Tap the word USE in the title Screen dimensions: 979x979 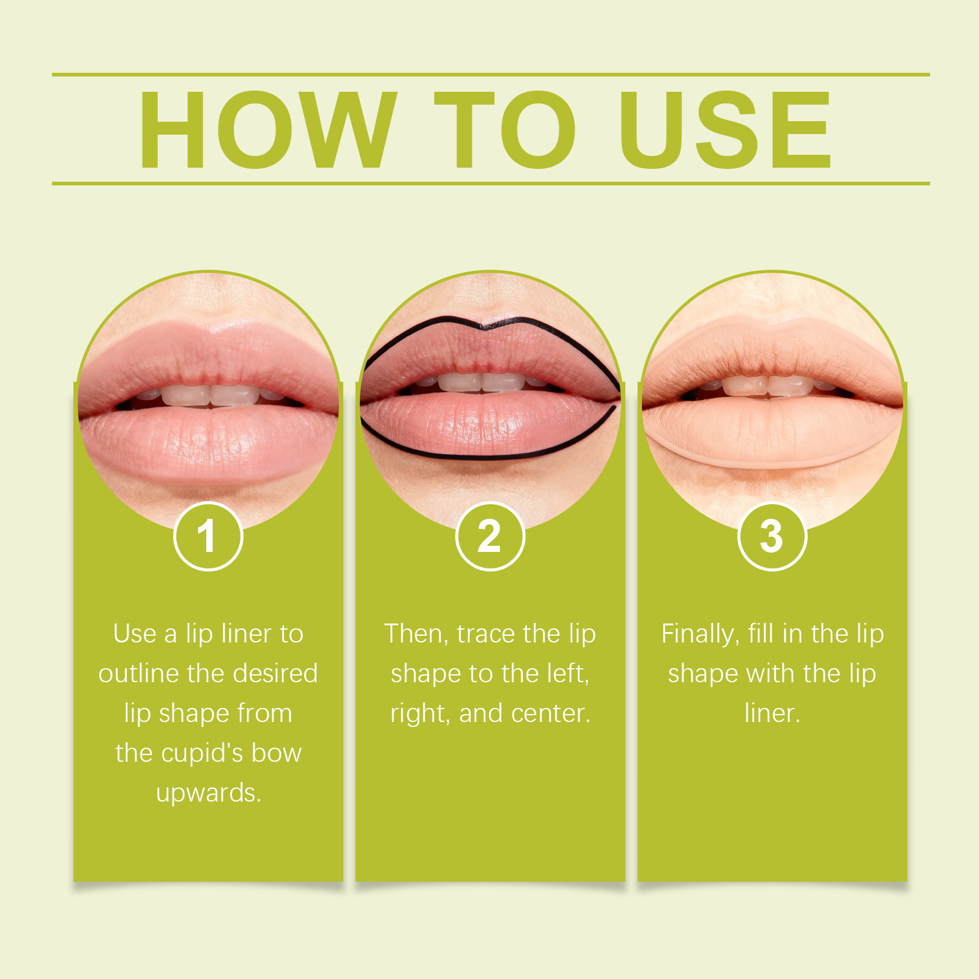click(726, 129)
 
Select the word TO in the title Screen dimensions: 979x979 click(505, 129)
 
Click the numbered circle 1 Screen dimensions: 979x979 click(209, 537)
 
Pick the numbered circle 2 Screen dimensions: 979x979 click(490, 537)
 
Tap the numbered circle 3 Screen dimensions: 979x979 click(772, 537)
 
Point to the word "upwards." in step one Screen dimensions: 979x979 click(209, 793)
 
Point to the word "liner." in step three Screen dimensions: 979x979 click(772, 713)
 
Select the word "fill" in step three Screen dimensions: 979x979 click(761, 633)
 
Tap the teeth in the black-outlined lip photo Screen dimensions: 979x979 click(483, 382)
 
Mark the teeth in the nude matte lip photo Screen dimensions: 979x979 click(768, 385)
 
